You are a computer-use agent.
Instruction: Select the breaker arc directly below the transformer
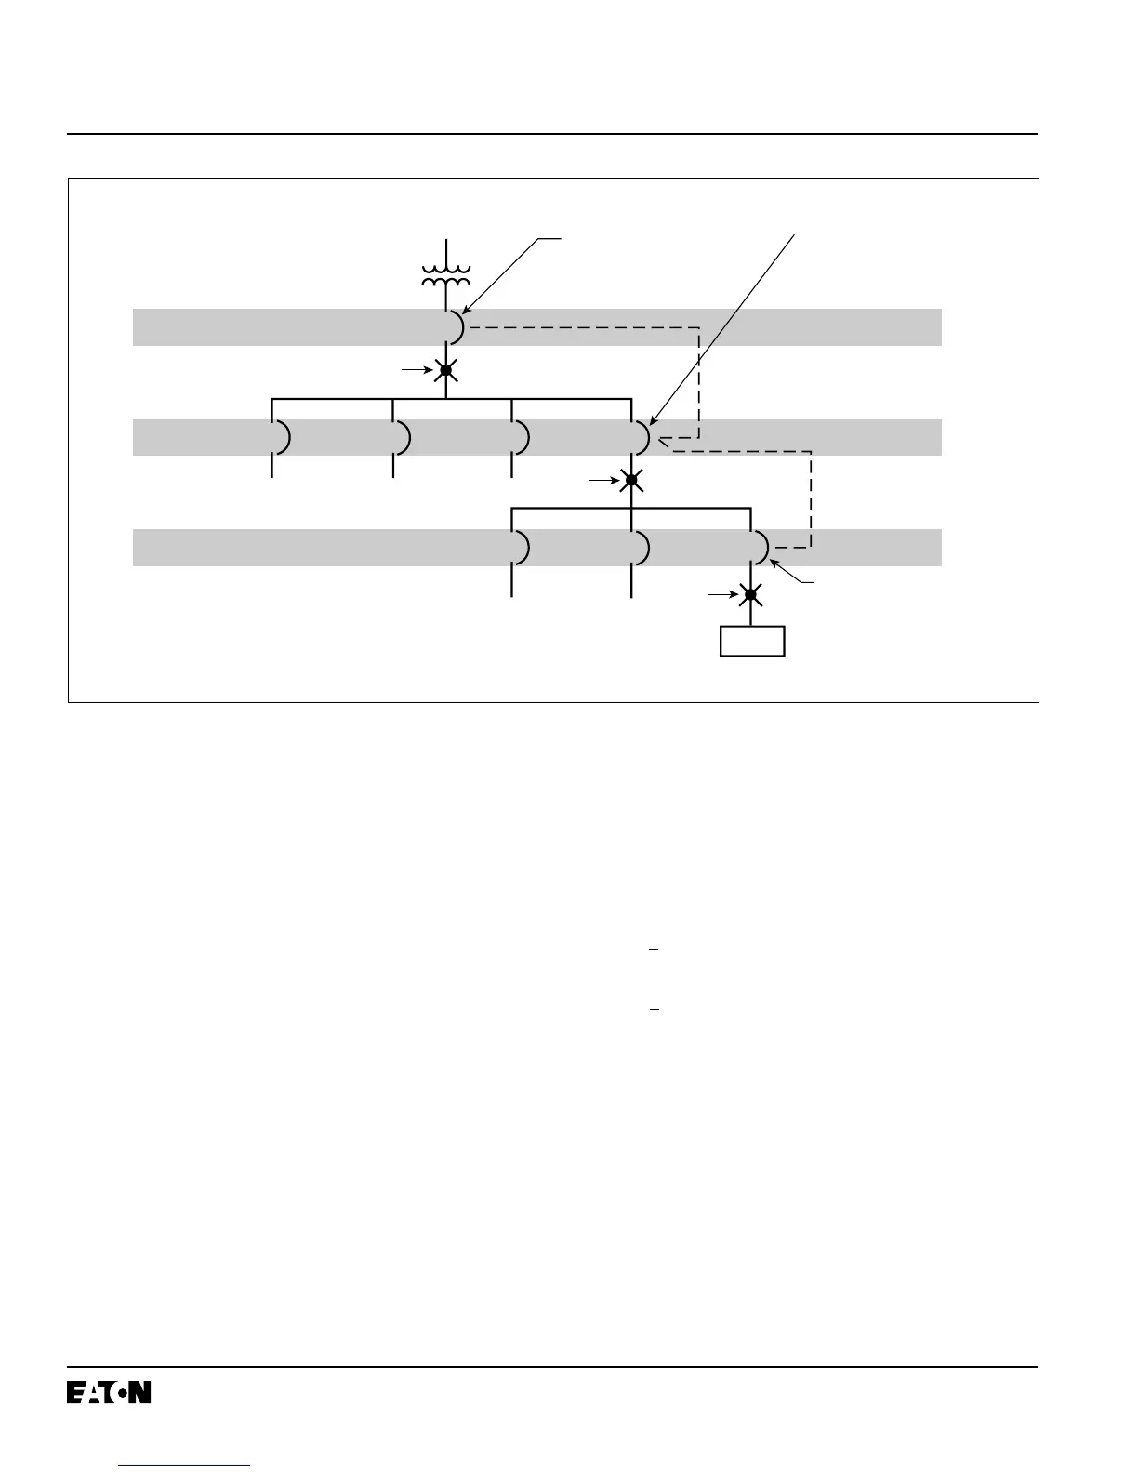click(x=457, y=326)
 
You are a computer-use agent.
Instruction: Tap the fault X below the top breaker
click(x=446, y=370)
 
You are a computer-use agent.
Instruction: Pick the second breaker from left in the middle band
click(x=404, y=437)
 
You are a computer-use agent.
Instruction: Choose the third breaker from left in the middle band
click(x=522, y=437)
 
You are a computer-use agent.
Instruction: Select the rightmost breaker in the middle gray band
click(x=642, y=437)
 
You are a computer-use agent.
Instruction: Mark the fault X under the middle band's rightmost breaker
click(x=631, y=480)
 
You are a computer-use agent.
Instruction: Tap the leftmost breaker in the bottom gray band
click(x=522, y=547)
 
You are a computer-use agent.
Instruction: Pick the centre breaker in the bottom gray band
click(x=642, y=547)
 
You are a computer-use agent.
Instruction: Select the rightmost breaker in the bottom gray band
click(x=761, y=547)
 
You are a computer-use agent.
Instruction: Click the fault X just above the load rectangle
click(x=751, y=593)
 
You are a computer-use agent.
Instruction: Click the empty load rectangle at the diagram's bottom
click(x=752, y=642)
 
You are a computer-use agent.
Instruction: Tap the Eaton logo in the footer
click(x=109, y=1392)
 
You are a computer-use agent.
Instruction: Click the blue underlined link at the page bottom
click(x=185, y=1465)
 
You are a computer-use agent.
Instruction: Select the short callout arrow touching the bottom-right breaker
click(x=792, y=573)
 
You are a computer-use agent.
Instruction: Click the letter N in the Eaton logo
click(x=139, y=1392)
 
